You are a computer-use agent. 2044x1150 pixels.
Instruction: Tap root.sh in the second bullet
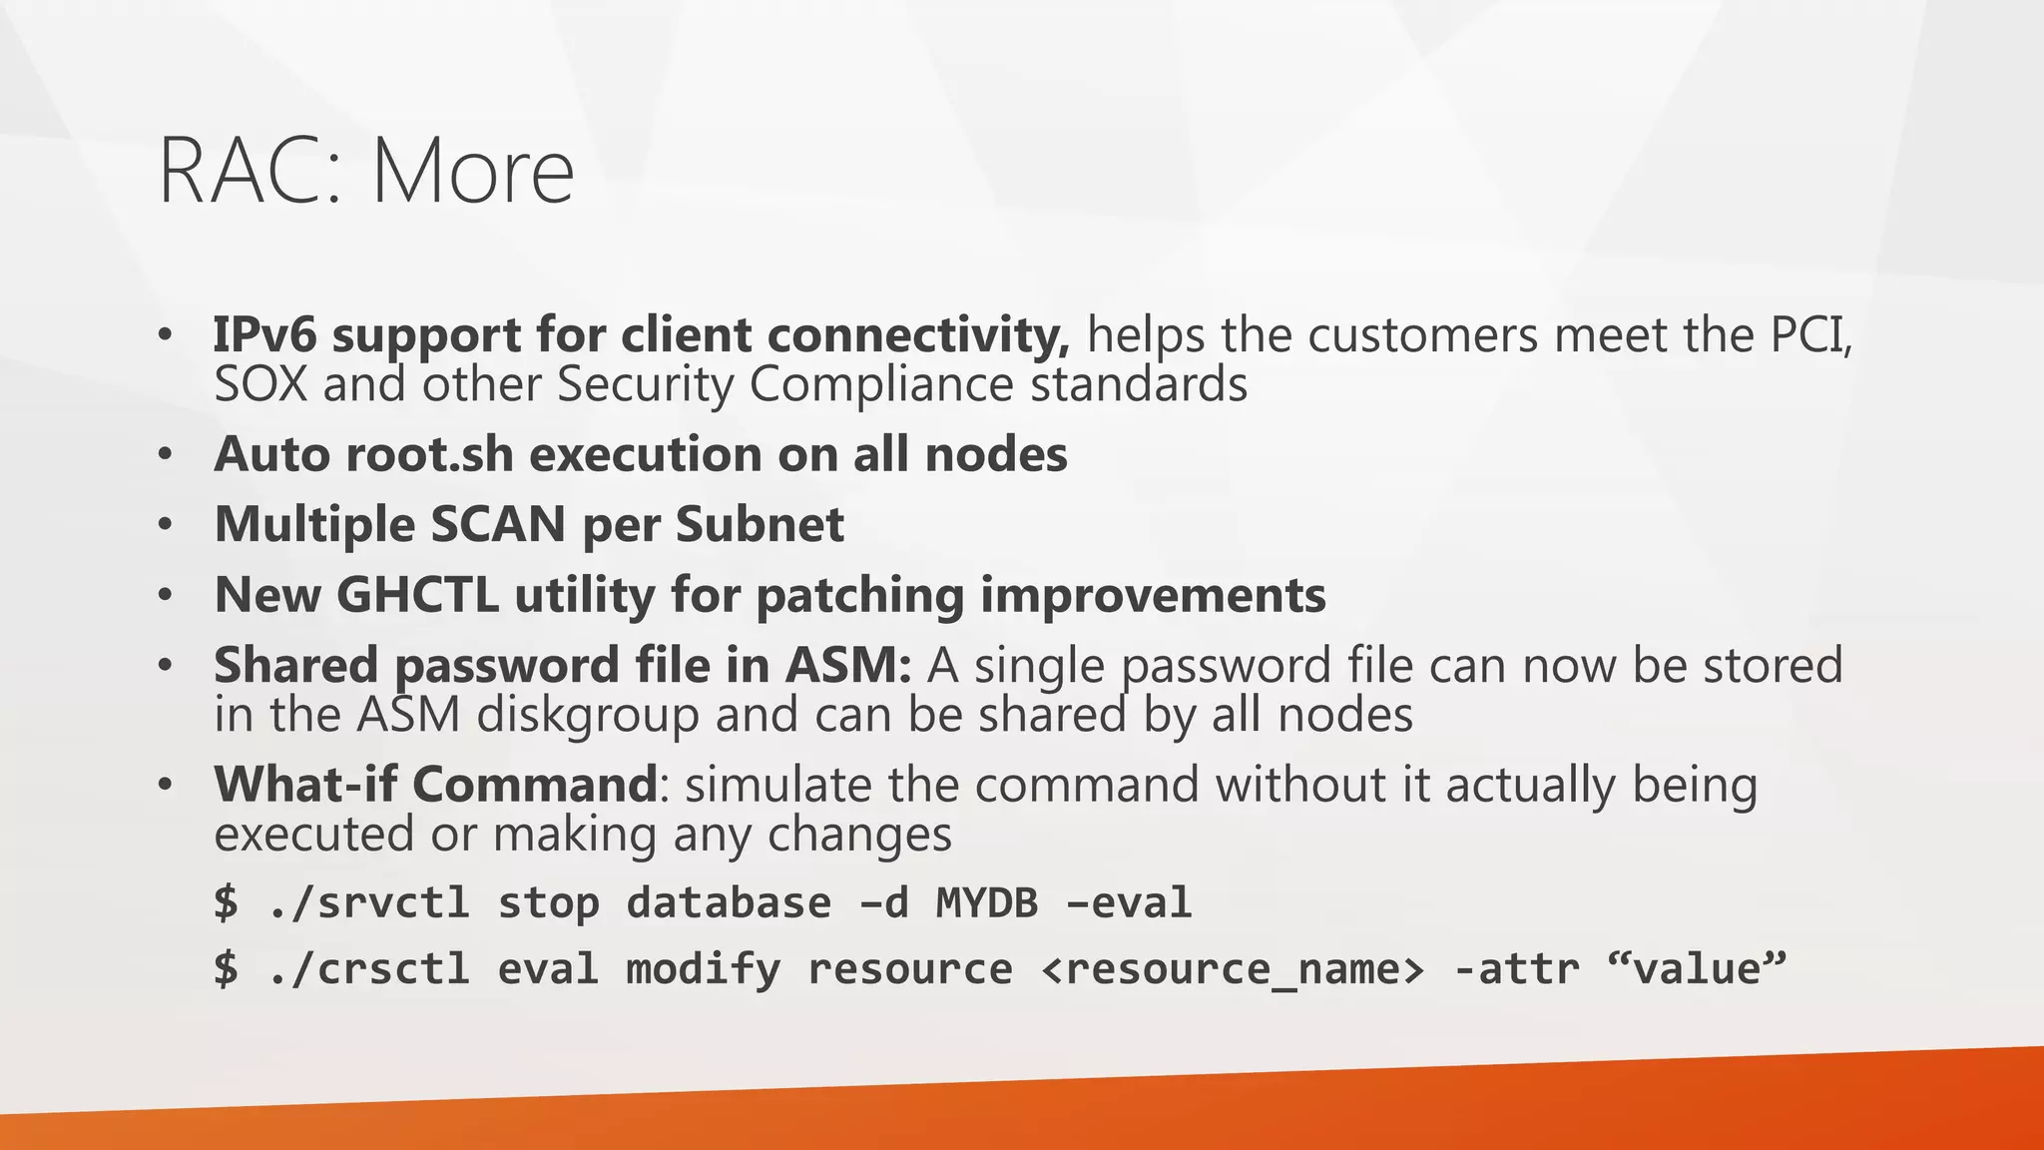pyautogui.click(x=430, y=454)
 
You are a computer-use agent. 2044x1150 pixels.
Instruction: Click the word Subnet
pyautogui.click(x=760, y=524)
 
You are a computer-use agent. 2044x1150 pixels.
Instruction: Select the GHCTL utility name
pyautogui.click(x=417, y=595)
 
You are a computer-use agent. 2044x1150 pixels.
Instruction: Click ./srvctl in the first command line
pyautogui.click(x=369, y=902)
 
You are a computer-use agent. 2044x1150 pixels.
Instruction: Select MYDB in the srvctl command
pyautogui.click(x=987, y=902)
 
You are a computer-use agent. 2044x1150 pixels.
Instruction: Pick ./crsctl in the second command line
pyautogui.click(x=369, y=969)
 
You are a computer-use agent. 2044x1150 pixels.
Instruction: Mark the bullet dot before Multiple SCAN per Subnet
pyautogui.click(x=166, y=524)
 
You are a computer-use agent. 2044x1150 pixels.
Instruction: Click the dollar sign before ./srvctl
pyautogui.click(x=227, y=902)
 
